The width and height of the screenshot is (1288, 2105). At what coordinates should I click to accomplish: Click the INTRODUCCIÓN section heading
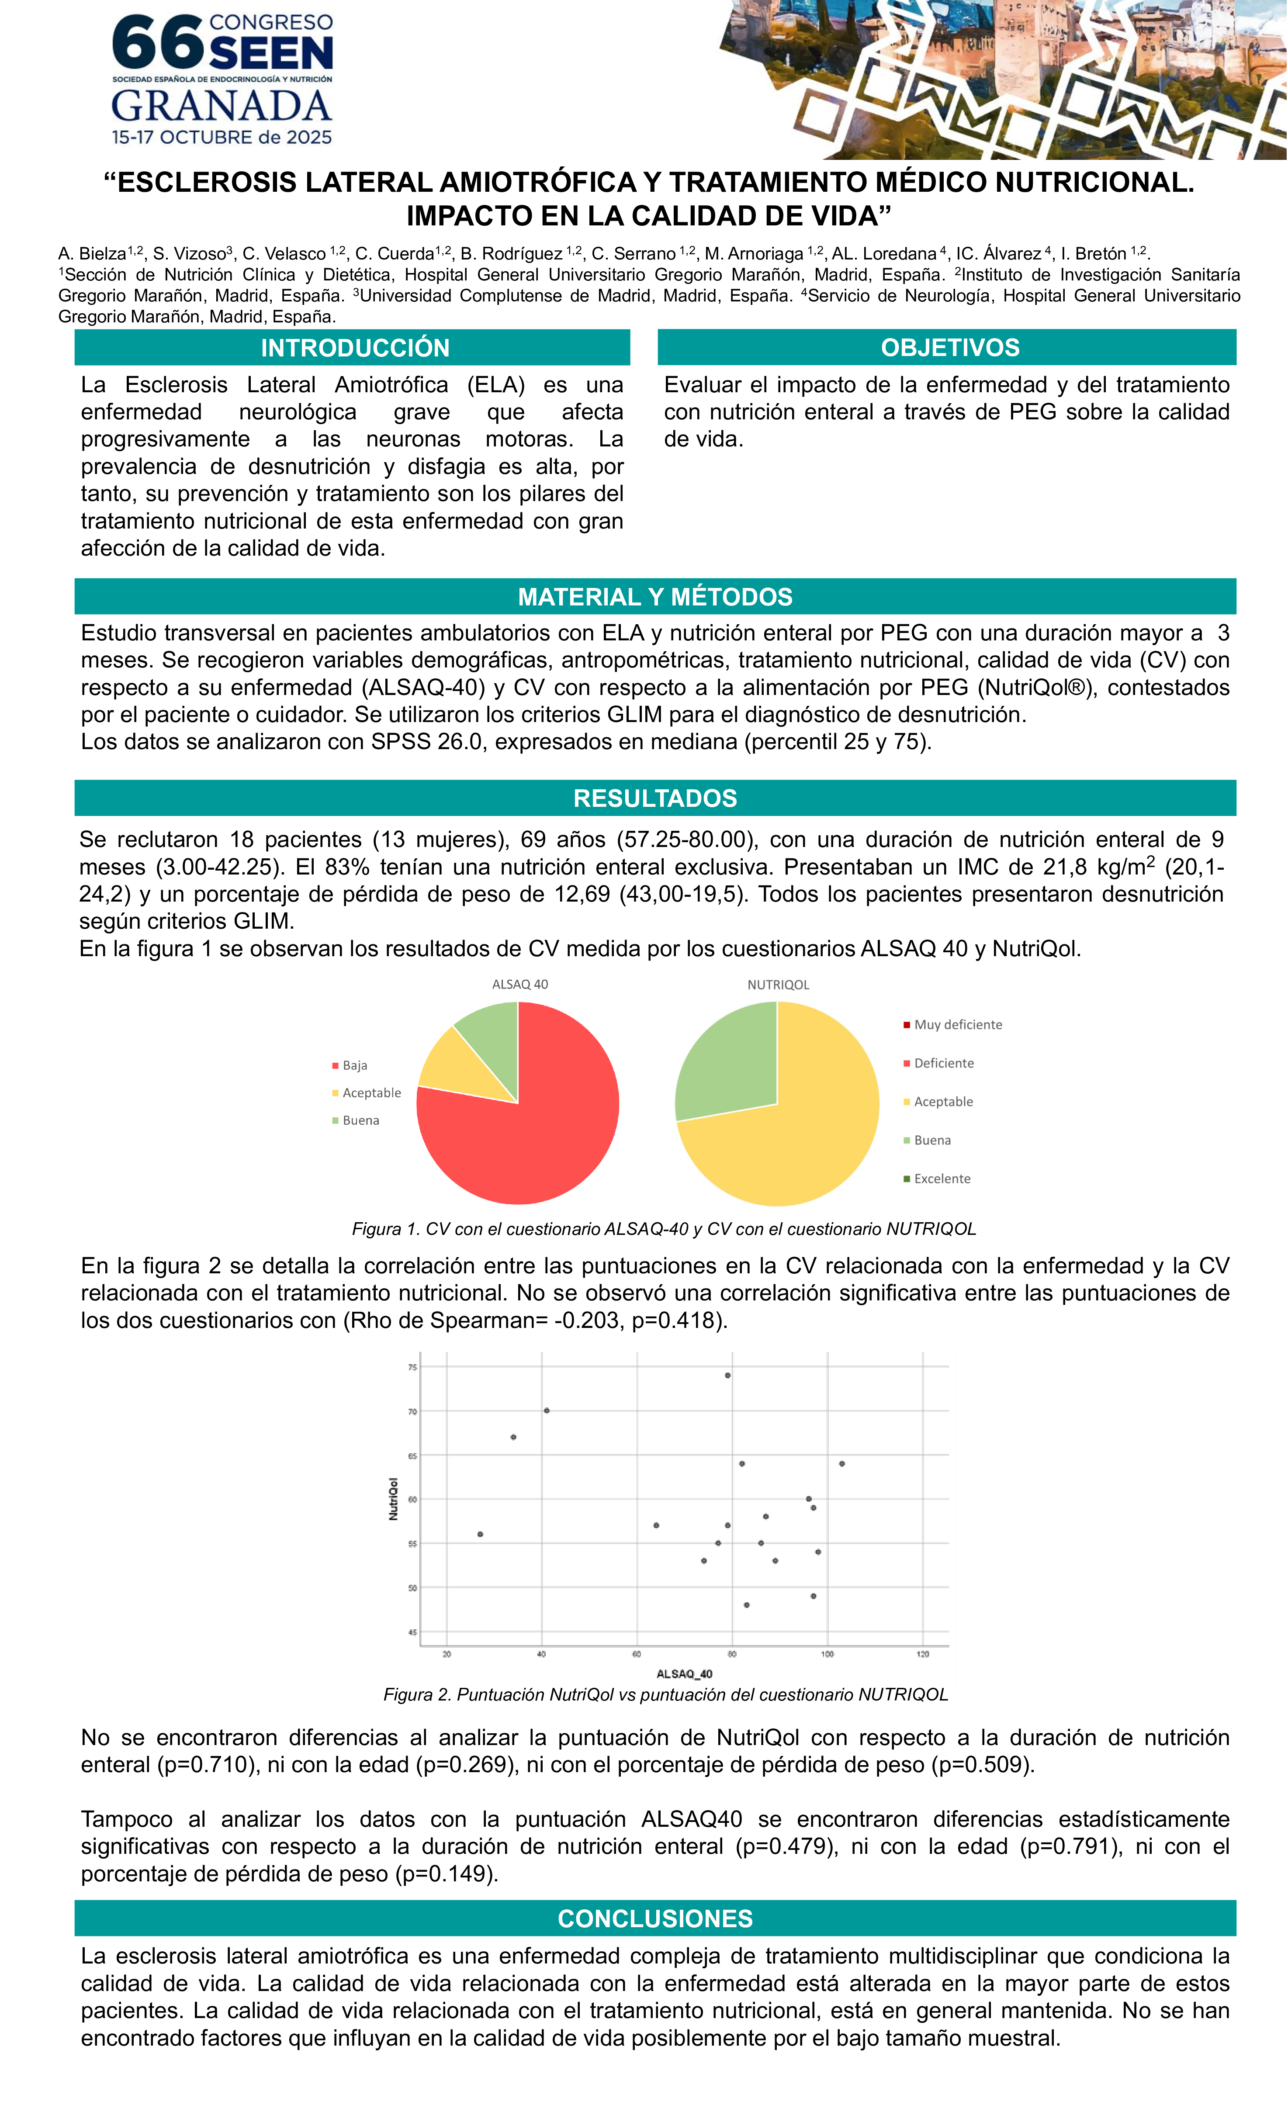[x=355, y=348]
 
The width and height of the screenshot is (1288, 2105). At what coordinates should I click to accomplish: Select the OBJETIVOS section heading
[x=949, y=348]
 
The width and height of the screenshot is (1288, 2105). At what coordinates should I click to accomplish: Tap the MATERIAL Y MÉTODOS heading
[x=654, y=596]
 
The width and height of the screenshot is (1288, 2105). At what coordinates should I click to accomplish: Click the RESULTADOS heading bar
[x=654, y=798]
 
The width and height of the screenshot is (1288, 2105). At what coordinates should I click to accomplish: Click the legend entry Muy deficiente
[x=957, y=1024]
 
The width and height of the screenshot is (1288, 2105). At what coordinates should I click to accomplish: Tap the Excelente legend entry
[x=942, y=1178]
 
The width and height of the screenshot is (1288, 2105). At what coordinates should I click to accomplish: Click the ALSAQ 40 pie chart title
[x=519, y=984]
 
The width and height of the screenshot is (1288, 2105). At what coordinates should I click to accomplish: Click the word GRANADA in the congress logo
[x=222, y=106]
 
